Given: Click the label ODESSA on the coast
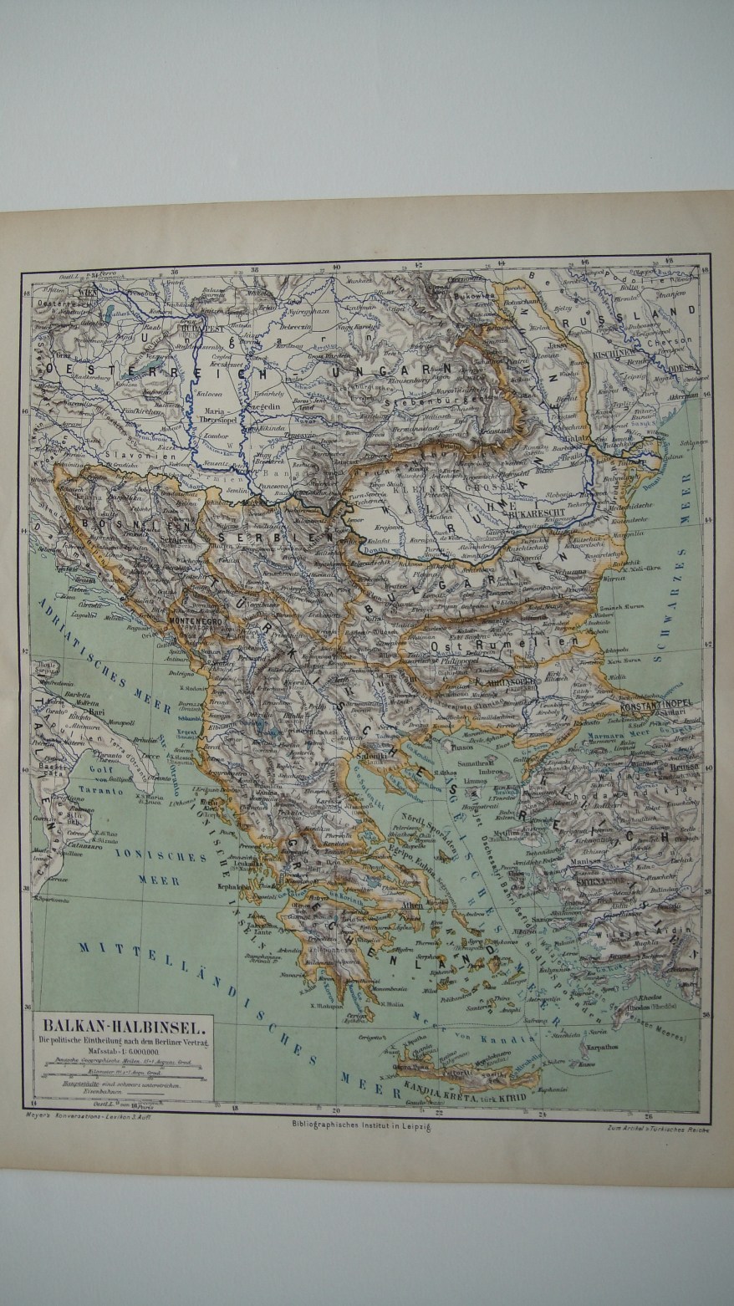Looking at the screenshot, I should point(683,365).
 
